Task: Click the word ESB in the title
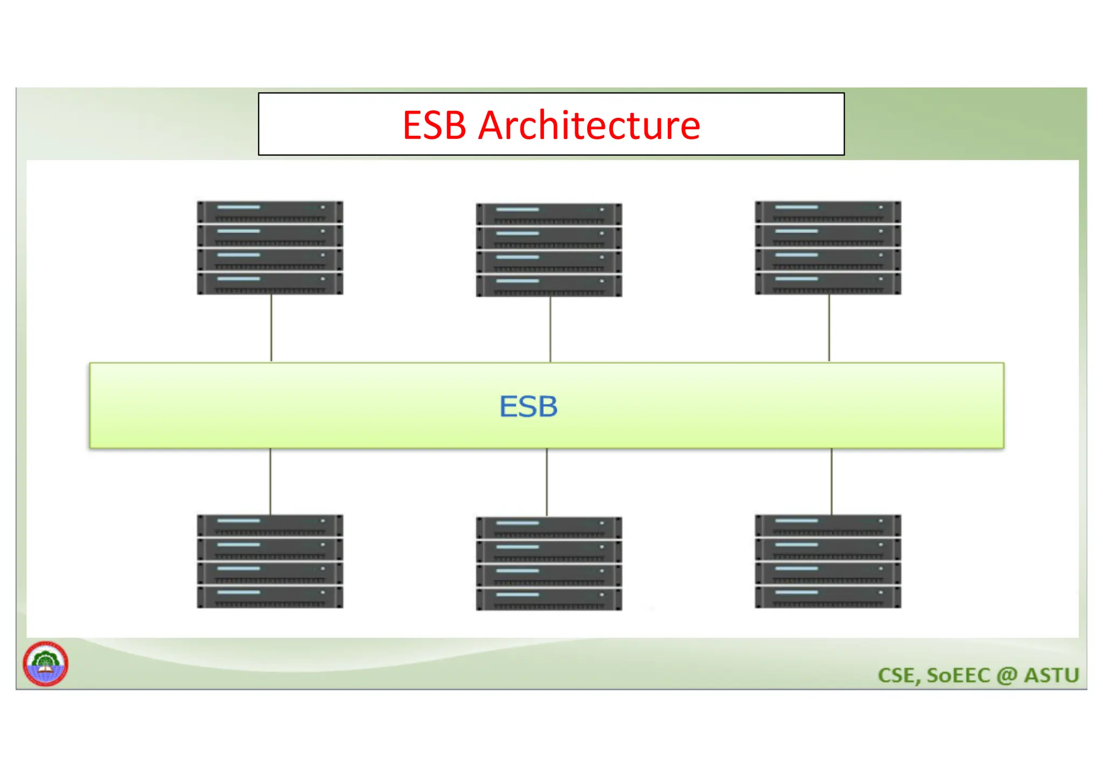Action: pos(434,125)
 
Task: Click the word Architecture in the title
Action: pos(589,125)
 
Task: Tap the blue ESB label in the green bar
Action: pos(528,406)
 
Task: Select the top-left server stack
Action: pos(270,248)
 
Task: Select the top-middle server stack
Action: pos(549,250)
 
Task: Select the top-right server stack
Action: pos(828,248)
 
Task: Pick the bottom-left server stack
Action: pos(270,562)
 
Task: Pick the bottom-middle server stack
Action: pos(549,564)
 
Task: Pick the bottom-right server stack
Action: pos(828,562)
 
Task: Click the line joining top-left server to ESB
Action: pos(271,328)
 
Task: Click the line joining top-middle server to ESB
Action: pos(550,329)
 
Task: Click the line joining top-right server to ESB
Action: pos(829,328)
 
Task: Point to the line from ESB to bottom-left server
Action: pos(270,481)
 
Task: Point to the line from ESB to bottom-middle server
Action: pos(547,482)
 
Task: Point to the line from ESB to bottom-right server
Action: pos(832,481)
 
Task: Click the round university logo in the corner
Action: pos(45,663)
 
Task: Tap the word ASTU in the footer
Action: pos(1051,675)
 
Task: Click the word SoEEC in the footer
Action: pos(958,675)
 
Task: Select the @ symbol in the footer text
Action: pos(1007,676)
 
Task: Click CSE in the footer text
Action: pos(898,675)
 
